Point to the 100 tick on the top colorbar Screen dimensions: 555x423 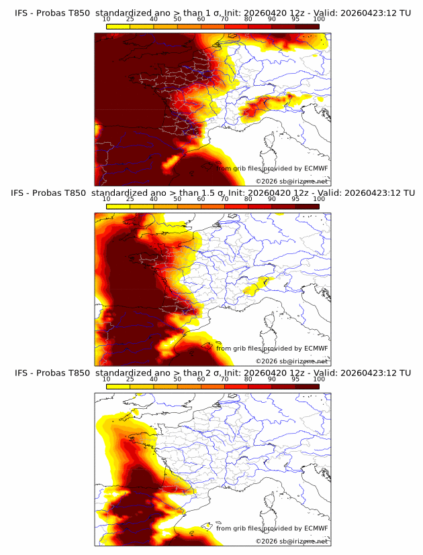(319, 19)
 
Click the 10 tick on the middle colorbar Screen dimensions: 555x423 (106, 199)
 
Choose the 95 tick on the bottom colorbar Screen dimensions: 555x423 (295, 379)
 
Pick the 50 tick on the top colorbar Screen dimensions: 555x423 (177, 19)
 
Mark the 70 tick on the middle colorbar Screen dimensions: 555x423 (224, 199)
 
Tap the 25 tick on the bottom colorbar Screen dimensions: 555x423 (130, 379)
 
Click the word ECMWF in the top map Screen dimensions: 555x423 (316, 169)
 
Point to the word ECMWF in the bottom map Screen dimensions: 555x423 (316, 529)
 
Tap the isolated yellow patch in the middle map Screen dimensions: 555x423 (258, 286)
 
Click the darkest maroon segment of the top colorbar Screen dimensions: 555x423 (307, 26)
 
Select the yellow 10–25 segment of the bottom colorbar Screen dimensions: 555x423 (118, 386)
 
